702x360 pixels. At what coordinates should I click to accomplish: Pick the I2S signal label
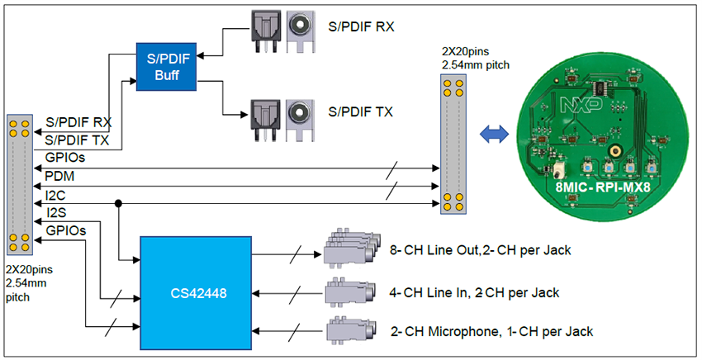56,212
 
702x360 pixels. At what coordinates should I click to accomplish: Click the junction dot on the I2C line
121,202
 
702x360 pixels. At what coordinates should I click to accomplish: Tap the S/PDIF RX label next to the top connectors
361,26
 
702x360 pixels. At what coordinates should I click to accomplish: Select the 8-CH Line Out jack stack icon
350,249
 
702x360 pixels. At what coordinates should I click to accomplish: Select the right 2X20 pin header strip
452,144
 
